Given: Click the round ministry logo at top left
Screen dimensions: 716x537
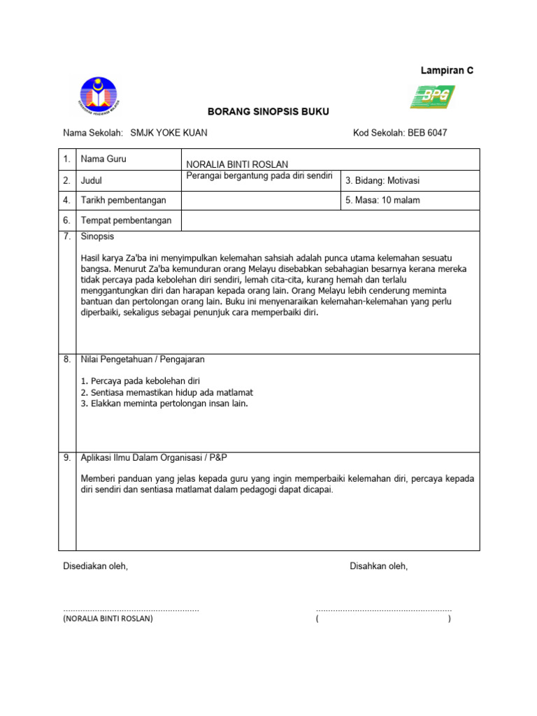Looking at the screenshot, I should coord(98,96).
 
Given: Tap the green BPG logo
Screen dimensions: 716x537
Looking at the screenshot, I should coord(432,96).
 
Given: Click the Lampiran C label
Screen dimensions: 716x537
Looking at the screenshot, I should coord(446,71).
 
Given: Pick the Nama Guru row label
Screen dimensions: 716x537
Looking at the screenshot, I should coord(103,159).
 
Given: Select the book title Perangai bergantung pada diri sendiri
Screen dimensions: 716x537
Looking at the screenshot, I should coord(258,175).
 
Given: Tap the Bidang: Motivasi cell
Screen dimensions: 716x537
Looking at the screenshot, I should coord(382,181).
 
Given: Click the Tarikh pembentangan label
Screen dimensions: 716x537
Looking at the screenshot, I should coord(124,201).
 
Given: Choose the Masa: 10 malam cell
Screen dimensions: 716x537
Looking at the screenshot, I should coord(382,201).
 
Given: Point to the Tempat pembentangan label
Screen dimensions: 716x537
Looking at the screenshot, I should coord(126,221).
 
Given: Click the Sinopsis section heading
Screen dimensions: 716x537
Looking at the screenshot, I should coord(99,237).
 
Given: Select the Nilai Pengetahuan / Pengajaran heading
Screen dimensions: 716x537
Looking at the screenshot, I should coord(143,359).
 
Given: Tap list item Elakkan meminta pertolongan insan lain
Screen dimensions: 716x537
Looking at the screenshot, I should coord(164,403).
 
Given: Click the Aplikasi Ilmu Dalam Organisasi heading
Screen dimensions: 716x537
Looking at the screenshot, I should coord(154,457).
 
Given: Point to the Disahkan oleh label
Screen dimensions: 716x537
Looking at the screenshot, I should coord(378,566).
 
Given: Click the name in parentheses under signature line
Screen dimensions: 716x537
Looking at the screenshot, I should coord(108,619).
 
